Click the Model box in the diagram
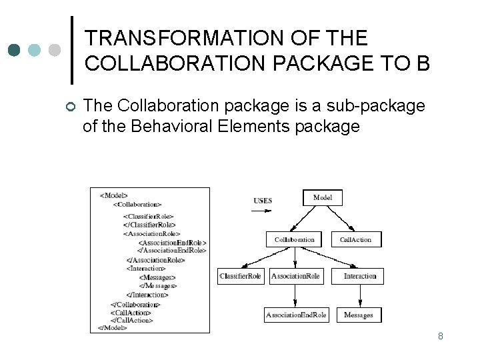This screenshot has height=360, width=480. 323,197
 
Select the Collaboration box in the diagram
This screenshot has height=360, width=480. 294,239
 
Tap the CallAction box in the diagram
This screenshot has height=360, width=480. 355,239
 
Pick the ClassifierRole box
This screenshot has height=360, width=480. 241,276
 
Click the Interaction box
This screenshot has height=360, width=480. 360,276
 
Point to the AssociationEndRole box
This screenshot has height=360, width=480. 296,315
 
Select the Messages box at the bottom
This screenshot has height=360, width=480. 359,315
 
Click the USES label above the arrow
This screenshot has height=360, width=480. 263,201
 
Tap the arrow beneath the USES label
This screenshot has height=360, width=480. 262,211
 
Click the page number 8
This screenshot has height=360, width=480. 441,336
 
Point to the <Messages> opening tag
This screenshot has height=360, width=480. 157,277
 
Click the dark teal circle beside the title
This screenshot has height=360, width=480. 15,49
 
